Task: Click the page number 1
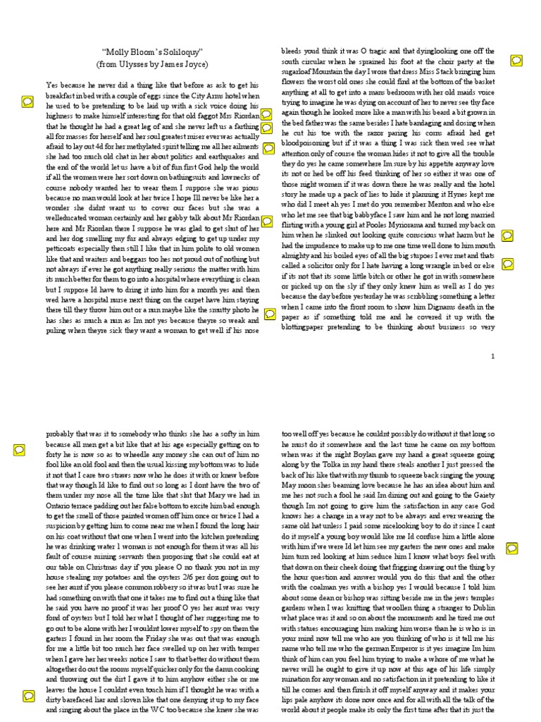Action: pos(493,357)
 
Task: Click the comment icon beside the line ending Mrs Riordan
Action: pos(268,114)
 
